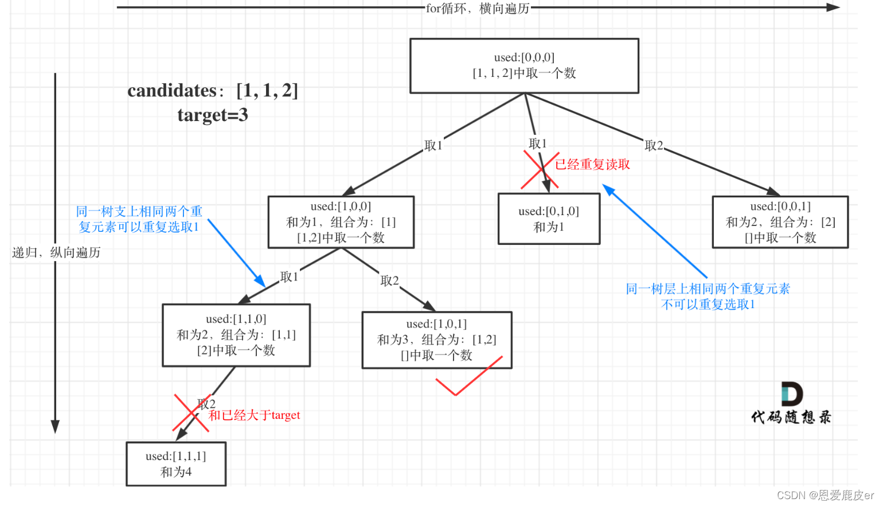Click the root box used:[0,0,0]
click(x=524, y=66)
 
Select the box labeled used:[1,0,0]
click(x=341, y=222)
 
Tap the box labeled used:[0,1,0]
click(x=549, y=219)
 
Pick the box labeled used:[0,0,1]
click(x=780, y=222)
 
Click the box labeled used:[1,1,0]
click(x=236, y=335)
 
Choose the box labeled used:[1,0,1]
click(x=436, y=340)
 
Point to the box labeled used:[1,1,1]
click(x=176, y=464)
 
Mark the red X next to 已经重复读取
click(x=540, y=170)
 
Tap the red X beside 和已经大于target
click(x=191, y=412)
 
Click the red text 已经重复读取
click(x=592, y=165)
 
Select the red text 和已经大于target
click(x=255, y=415)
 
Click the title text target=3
click(x=213, y=115)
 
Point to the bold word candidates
click(x=172, y=91)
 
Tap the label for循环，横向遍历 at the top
click(x=478, y=9)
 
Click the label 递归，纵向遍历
click(x=56, y=252)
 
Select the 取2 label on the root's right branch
click(x=654, y=146)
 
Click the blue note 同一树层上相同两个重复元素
click(x=708, y=289)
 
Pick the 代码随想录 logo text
click(x=791, y=417)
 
